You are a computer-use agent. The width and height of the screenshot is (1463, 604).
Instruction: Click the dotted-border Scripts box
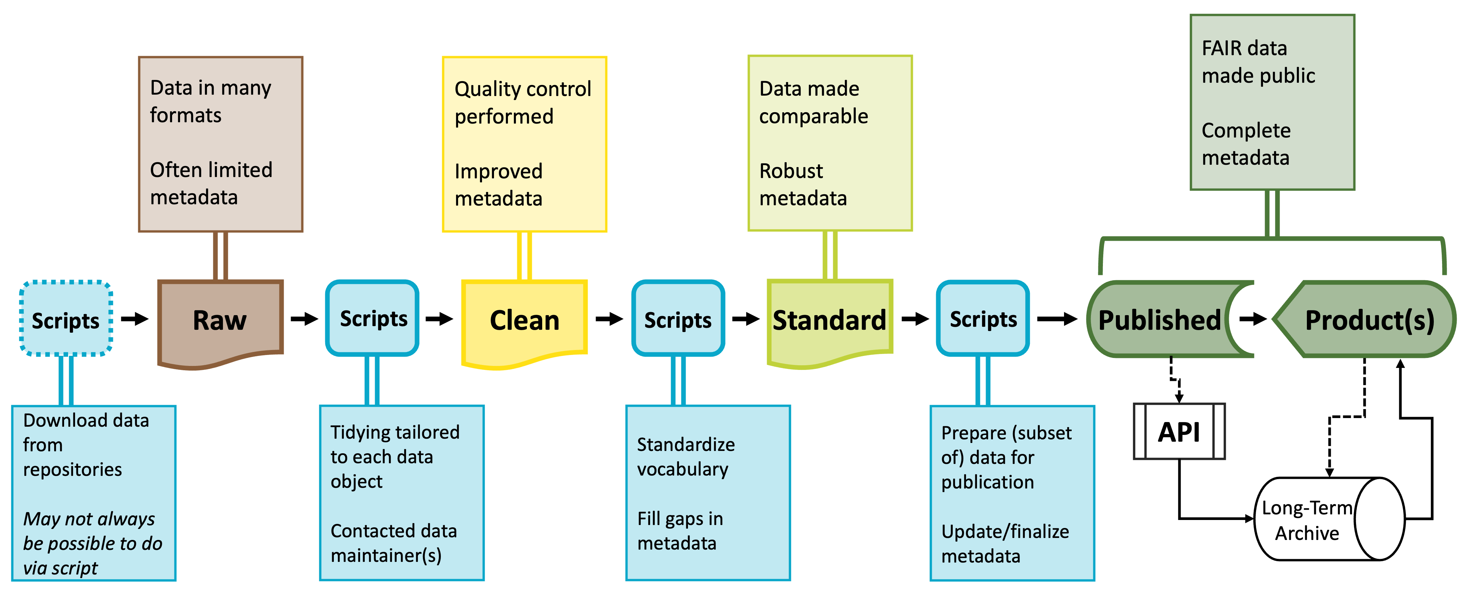coord(66,319)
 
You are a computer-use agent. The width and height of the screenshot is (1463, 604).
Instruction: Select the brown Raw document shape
coord(220,321)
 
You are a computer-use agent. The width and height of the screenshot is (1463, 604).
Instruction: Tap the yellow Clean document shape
coord(524,321)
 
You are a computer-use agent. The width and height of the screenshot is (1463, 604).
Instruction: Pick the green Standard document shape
coord(829,321)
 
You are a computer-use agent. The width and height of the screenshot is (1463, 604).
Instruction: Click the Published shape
coord(1159,319)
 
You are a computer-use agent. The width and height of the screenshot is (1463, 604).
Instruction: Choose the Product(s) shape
coord(1369,319)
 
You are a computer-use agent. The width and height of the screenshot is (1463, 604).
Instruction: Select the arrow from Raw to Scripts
coord(304,319)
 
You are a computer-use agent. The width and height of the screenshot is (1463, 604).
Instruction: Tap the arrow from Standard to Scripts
coord(914,319)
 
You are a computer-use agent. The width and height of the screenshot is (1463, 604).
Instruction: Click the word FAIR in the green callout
coord(1220,48)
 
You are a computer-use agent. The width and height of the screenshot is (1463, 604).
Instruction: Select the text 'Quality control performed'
coord(523,103)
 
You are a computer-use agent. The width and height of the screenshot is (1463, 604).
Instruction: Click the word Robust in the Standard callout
coord(791,171)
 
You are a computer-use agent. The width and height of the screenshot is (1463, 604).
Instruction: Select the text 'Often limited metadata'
coord(211,183)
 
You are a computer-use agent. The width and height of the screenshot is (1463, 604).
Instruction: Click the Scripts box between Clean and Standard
coord(678,319)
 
